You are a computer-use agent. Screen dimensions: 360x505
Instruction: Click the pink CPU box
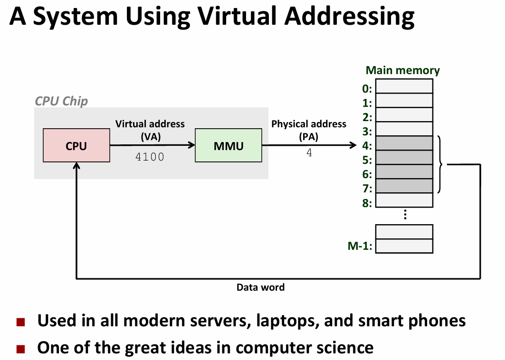pos(76,146)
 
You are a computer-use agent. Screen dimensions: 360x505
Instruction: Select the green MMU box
pos(228,146)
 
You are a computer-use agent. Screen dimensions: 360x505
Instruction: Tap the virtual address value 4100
pos(150,157)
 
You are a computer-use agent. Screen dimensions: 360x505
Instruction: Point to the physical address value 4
pos(309,153)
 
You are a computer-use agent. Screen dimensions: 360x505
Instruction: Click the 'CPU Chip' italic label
pos(61,101)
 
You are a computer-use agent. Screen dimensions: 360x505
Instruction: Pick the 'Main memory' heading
pos(402,71)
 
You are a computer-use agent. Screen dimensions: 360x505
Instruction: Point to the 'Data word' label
pos(260,287)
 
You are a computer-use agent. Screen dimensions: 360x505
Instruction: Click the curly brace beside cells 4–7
pos(440,164)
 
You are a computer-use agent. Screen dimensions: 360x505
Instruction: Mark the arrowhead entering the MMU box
pos(191,145)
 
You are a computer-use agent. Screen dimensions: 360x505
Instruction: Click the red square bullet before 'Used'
pos(20,322)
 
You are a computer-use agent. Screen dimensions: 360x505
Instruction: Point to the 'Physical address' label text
pos(309,124)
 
